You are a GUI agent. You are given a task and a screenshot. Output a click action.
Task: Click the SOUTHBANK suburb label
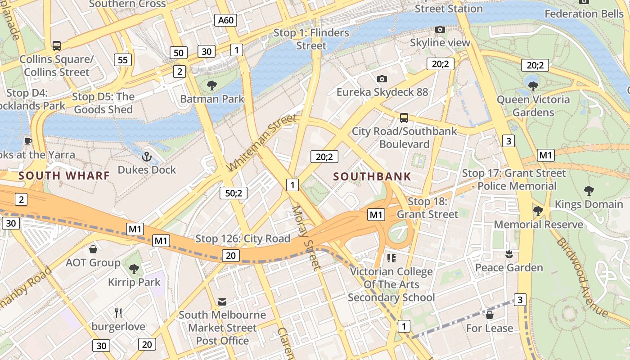372,176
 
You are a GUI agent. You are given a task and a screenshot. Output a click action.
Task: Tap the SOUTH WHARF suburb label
64,175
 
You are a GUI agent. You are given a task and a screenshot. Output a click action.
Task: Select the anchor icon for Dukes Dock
146,157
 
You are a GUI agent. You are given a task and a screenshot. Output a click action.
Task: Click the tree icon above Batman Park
211,85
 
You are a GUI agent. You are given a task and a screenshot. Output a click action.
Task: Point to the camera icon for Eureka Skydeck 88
382,79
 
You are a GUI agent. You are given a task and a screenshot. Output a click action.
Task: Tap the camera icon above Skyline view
440,30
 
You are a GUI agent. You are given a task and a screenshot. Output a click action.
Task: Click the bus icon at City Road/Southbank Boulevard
404,118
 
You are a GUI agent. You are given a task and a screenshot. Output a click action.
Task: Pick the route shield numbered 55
123,60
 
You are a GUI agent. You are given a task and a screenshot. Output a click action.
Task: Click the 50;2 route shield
234,193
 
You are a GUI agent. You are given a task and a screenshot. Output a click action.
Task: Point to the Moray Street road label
306,238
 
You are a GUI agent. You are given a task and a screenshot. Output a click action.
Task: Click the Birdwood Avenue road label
582,277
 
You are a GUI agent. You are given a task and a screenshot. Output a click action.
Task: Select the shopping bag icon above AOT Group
93,249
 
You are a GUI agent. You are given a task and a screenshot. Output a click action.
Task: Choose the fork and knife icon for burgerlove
118,313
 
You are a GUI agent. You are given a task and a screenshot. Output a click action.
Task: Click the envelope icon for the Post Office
222,301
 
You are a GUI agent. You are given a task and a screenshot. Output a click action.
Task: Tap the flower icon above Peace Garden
509,254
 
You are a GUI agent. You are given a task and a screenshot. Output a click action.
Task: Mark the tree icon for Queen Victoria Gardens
533,85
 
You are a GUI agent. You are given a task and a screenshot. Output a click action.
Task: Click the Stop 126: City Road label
243,238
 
